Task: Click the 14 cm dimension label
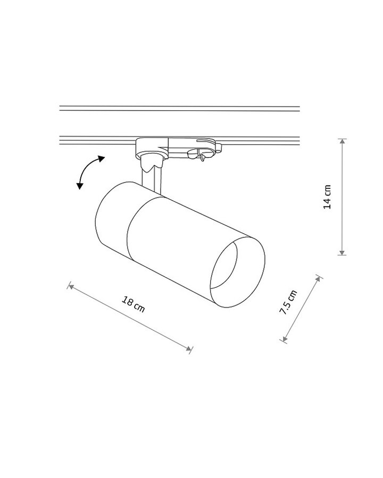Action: (x=327, y=197)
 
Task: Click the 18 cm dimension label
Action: (x=133, y=304)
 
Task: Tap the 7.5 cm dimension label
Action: (x=288, y=302)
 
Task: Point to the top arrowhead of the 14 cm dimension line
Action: (x=343, y=141)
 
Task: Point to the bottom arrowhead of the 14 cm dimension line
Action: (x=343, y=253)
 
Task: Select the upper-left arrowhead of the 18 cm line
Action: (x=71, y=286)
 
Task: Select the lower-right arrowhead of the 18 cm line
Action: (x=189, y=348)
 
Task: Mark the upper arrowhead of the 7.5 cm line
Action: (x=318, y=279)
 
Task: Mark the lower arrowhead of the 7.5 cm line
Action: (x=285, y=339)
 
